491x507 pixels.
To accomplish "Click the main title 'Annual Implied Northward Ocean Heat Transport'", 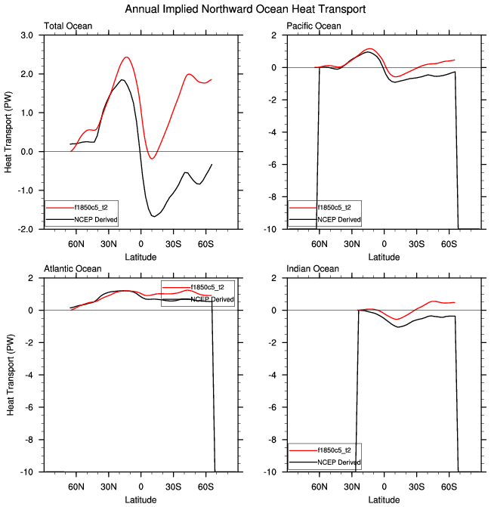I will pos(246,10).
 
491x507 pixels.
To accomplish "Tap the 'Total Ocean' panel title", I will pos(68,26).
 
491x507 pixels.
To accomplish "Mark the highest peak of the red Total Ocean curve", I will pos(126,57).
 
